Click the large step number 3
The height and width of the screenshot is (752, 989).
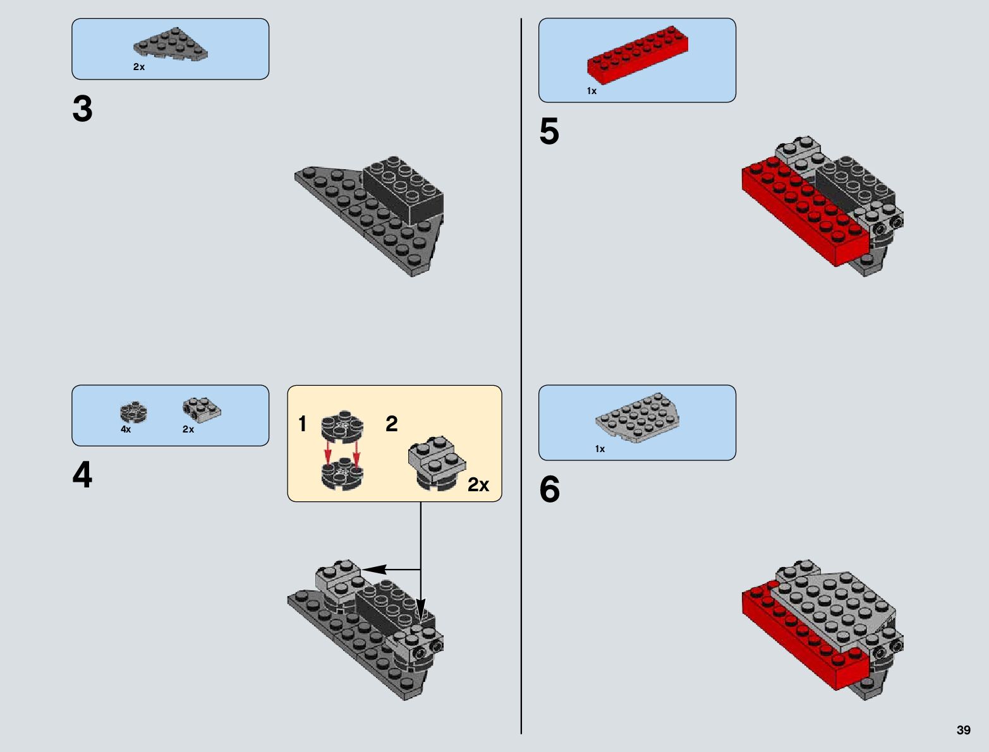83,109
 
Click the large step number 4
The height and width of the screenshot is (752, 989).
82,475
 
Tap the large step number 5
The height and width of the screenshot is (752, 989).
549,132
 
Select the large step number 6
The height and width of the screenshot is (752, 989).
550,489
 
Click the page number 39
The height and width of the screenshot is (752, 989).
963,730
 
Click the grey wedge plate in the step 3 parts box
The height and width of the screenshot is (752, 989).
171,45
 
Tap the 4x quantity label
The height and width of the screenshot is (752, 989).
126,429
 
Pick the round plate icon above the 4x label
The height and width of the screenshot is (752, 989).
133,412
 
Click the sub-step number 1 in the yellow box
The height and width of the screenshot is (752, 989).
303,424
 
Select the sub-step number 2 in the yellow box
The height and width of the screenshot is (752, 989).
392,424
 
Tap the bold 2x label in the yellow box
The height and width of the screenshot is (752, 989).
478,485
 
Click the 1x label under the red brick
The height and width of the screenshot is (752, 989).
592,91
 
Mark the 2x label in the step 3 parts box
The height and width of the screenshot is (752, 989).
139,67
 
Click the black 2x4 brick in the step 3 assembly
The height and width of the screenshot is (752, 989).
403,189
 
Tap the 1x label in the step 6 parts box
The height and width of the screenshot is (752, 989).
600,449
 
